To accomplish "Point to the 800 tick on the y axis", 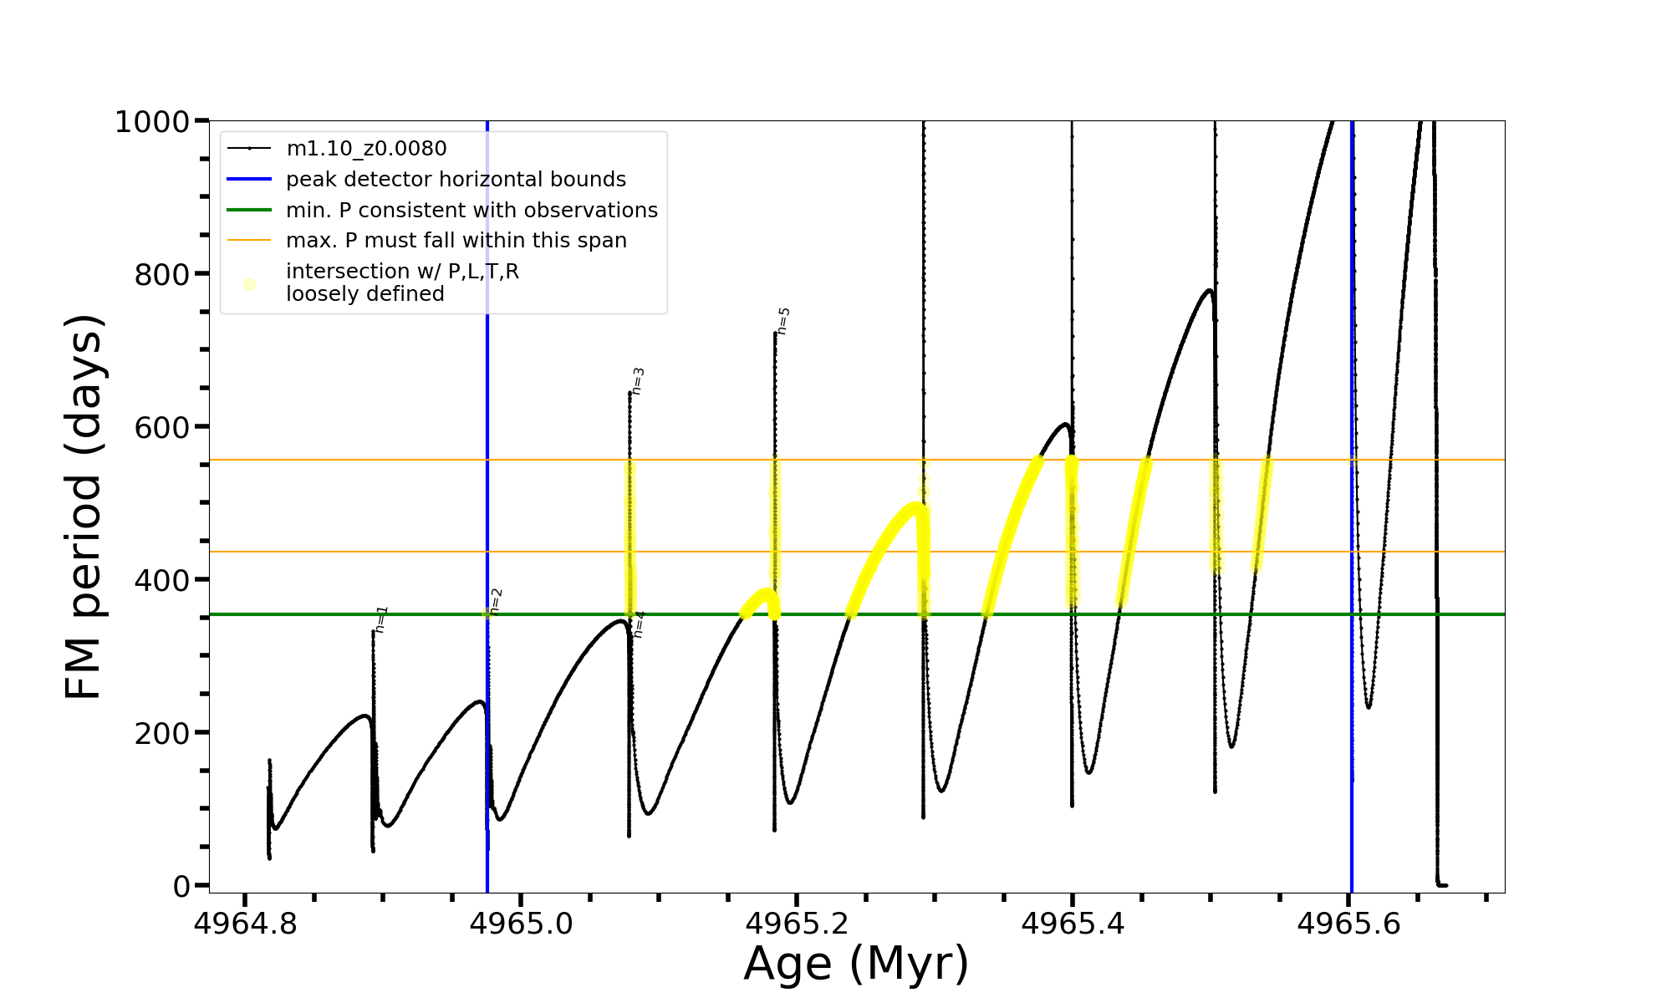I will (x=162, y=274).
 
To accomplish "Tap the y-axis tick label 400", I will (x=162, y=579).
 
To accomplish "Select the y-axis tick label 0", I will (x=181, y=886).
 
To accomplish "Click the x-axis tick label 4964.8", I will (x=244, y=924).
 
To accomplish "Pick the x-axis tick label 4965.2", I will (x=797, y=924).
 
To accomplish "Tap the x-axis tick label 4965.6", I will (x=1348, y=924).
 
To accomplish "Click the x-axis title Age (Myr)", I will (x=856, y=963).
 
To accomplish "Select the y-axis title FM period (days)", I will (x=84, y=507).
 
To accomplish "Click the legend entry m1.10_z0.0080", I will (x=366, y=149).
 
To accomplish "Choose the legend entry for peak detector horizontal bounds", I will (x=456, y=180).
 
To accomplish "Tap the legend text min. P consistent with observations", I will (x=472, y=211).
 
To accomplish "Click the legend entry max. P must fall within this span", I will (x=456, y=241).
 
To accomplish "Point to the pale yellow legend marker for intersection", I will (x=249, y=284).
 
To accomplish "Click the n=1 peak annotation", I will (x=381, y=619).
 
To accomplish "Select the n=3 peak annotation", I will (x=638, y=381).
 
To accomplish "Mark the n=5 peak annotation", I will (x=783, y=321).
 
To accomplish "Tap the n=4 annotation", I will (x=639, y=624).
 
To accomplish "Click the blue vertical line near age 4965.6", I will (x=1352, y=501).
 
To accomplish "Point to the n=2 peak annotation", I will (x=496, y=601).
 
